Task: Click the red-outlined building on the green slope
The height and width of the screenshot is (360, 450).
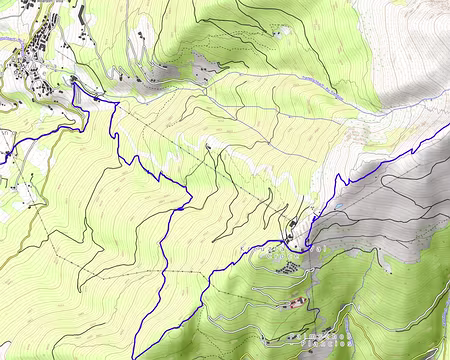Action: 296,302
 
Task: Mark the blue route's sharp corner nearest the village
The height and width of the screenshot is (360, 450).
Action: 74,85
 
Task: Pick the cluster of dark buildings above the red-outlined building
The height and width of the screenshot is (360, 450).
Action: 287,267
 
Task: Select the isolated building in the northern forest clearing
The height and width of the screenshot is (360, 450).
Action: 279,32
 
